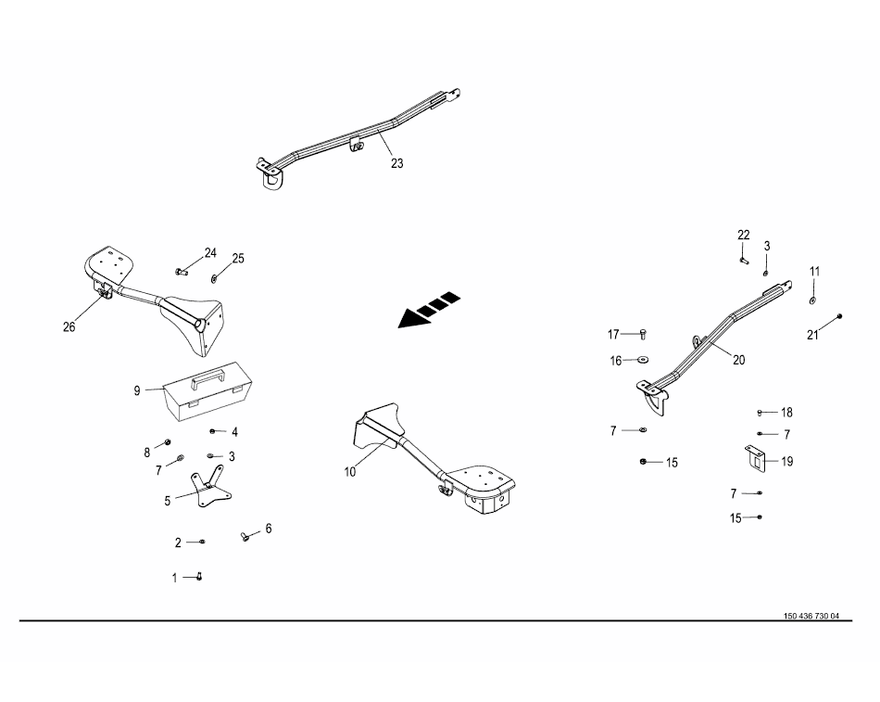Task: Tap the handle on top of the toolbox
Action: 207,376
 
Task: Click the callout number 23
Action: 396,163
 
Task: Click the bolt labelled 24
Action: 182,272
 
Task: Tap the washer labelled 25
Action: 215,277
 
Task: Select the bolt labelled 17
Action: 644,333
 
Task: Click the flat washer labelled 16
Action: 643,360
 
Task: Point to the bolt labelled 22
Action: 744,261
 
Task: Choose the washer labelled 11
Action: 812,300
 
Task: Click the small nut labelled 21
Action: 838,316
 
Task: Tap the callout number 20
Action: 738,360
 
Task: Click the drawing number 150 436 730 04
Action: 811,616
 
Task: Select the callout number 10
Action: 349,471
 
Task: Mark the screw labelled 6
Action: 245,537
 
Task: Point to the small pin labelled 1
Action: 198,577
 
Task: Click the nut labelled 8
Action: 168,441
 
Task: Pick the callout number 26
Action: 69,326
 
